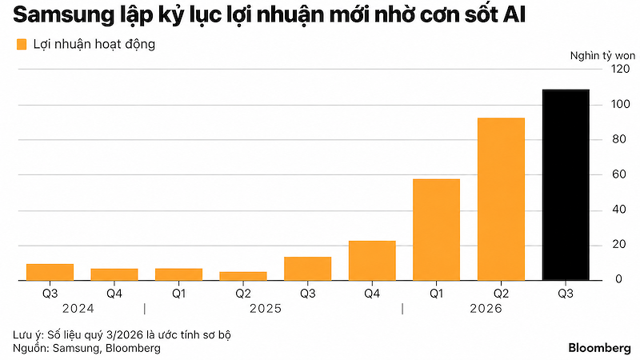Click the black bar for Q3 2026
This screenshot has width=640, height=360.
[x=566, y=185]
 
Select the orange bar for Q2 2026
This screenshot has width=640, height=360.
[x=501, y=199]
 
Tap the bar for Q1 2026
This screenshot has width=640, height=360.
[x=436, y=230]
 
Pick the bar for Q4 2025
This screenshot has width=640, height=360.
[x=372, y=261]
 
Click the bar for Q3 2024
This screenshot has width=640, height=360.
[x=50, y=272]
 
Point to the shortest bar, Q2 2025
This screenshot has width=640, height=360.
[x=243, y=276]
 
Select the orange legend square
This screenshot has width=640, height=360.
[x=22, y=45]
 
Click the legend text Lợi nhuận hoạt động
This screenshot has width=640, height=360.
[x=94, y=45]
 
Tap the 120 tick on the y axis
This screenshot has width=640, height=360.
[x=621, y=69]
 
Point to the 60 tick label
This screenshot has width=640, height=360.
[x=618, y=174]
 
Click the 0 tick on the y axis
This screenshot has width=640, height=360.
[x=619, y=279]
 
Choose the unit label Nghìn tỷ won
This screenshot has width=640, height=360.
[x=602, y=56]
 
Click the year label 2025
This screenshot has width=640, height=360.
[x=266, y=309]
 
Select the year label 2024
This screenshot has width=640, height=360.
[x=78, y=309]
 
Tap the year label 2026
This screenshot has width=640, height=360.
[x=486, y=309]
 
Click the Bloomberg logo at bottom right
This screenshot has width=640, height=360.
[x=599, y=348]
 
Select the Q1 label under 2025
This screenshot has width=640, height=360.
[x=178, y=294]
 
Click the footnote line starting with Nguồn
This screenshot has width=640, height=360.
[x=86, y=348]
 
